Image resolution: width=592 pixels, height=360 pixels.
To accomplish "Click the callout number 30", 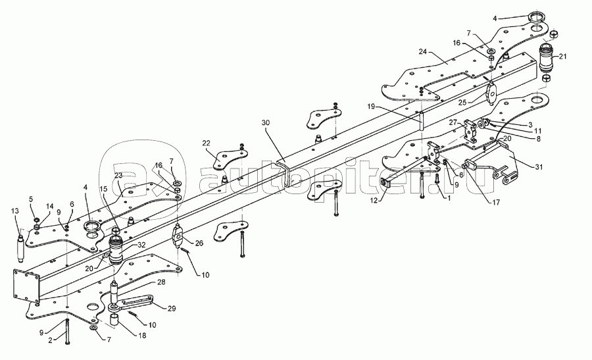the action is coord(266,122).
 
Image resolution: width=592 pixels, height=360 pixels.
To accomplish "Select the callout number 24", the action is coord(422,52).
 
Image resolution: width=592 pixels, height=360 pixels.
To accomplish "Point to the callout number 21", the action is coord(562,57).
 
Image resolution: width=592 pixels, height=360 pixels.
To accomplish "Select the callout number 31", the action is coord(539,167).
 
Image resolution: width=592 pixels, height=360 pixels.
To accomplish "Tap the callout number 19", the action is coord(371,107).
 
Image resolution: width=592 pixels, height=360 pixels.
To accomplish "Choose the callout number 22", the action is coord(206,143).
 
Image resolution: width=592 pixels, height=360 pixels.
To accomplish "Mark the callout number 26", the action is coord(199,243).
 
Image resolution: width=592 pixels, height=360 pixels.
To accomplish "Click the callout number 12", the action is coord(374,201).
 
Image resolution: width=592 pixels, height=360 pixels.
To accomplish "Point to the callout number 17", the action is coord(496,203).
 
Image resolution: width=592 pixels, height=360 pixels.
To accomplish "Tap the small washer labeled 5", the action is coord(37,219).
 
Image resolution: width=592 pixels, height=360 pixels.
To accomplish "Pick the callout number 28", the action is coord(161,282).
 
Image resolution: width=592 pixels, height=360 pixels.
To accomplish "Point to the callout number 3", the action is coord(530,124).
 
